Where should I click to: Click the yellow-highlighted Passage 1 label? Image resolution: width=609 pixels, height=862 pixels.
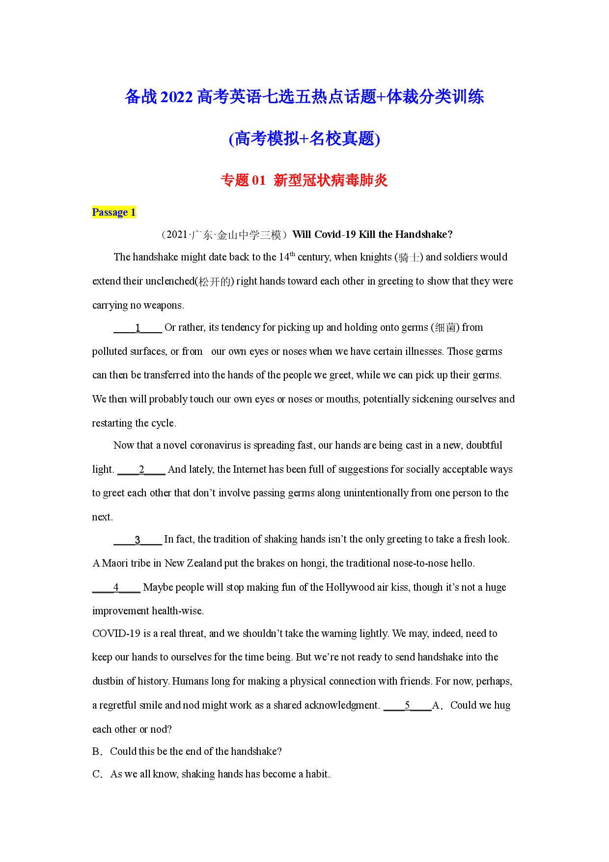114,212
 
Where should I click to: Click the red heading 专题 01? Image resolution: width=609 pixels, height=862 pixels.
243,180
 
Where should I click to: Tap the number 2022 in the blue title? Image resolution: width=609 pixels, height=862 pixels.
176,97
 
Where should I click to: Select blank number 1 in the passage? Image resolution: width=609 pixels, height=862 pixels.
138,328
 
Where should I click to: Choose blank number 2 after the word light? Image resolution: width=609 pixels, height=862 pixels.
141,470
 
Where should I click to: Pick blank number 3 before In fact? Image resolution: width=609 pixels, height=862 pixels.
138,540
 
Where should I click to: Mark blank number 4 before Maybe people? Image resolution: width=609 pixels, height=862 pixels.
116,588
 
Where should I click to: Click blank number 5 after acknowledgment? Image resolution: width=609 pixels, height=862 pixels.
407,706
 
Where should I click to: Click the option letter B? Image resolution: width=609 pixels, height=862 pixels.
96,751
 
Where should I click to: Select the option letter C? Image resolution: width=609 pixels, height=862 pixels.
96,774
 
